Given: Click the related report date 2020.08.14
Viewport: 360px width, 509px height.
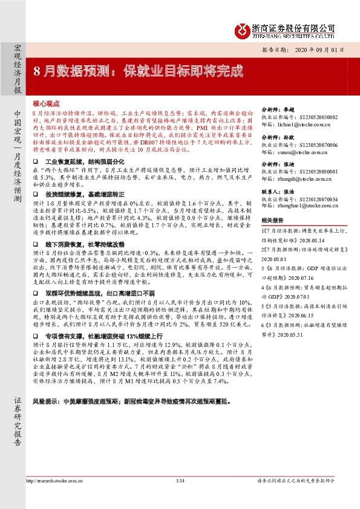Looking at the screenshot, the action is pos(310,238).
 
